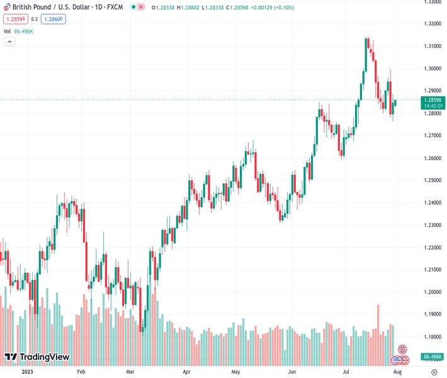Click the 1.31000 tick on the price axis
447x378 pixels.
432,46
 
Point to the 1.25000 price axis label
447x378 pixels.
432,180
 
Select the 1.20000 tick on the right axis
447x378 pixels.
432,292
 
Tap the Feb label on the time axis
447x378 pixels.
81,372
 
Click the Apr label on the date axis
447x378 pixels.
186,372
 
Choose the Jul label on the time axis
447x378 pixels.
346,372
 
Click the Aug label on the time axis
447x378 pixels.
397,372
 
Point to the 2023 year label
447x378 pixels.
26,372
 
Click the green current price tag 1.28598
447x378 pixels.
432,100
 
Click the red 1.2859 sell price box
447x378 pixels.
14,19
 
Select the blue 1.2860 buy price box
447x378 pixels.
54,19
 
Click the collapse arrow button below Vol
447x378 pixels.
9,42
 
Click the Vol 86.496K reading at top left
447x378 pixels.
19,31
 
